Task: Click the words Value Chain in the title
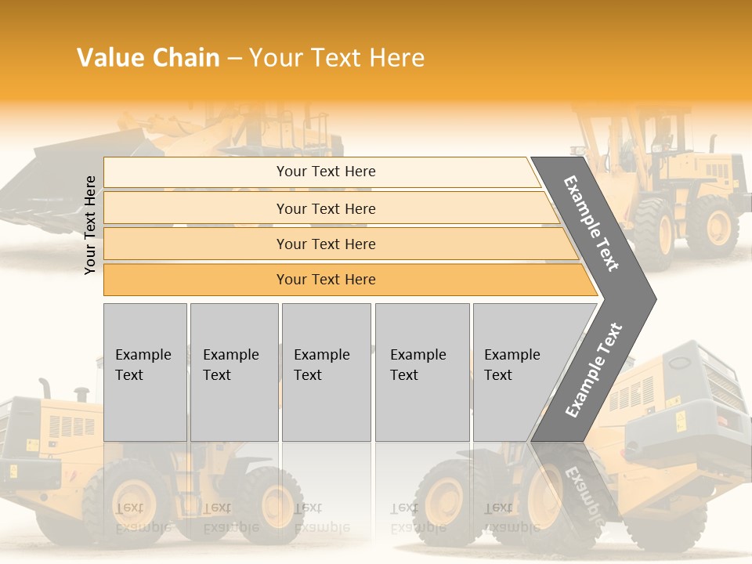tap(148, 58)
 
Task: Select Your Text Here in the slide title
tap(337, 58)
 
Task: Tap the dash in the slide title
tap(234, 59)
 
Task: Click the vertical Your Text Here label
tap(90, 225)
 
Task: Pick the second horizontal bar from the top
tap(325, 208)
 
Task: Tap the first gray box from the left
tap(145, 371)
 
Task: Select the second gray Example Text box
tap(234, 371)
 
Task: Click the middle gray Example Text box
tap(326, 371)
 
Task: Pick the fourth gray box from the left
tap(422, 371)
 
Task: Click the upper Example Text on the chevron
tap(591, 224)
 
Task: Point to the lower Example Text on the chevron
tap(594, 370)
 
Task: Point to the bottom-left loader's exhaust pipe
tap(45, 388)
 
